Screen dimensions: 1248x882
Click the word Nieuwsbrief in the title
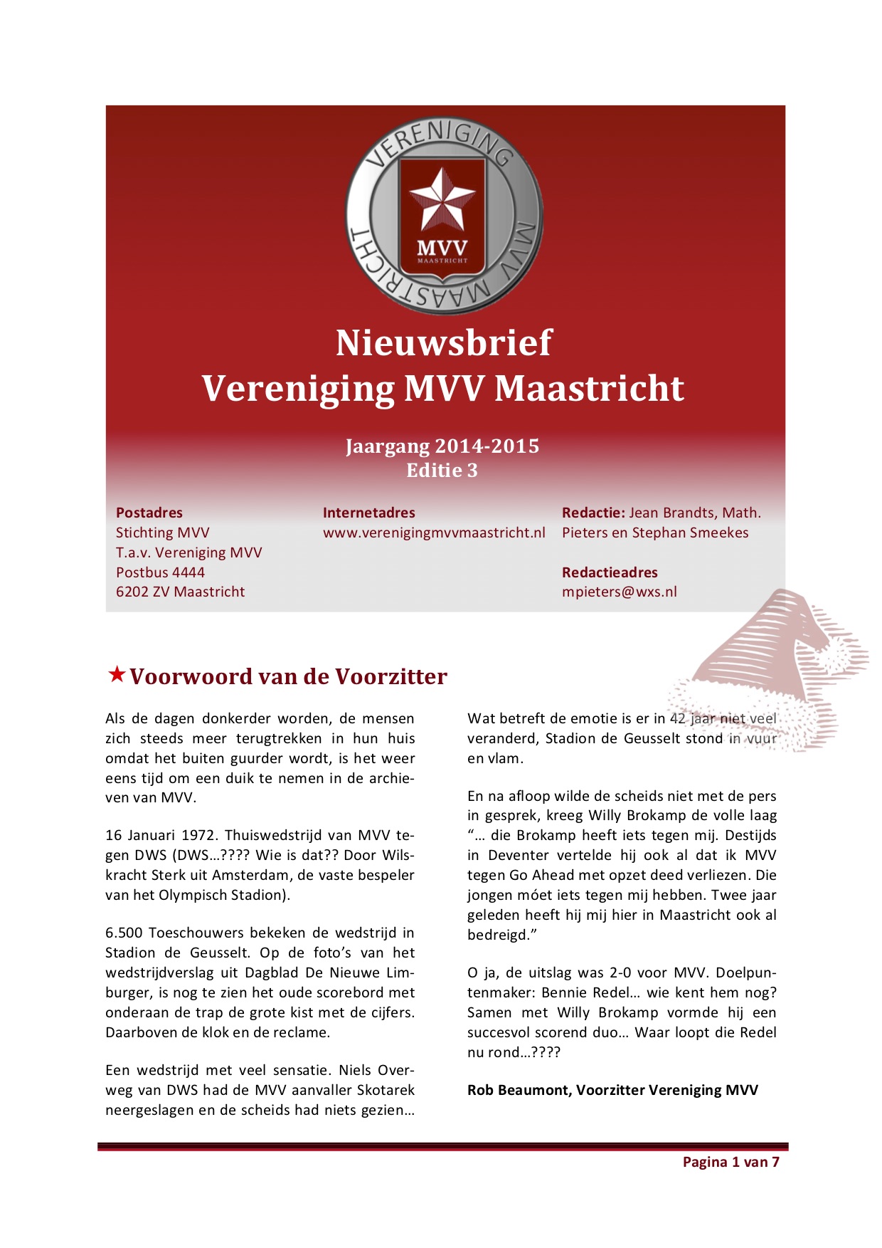pyautogui.click(x=443, y=343)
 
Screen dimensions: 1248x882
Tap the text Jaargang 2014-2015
pyautogui.click(x=442, y=446)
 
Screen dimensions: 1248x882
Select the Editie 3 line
pyautogui.click(x=442, y=471)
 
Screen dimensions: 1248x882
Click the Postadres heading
pyautogui.click(x=149, y=513)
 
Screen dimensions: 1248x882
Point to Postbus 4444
pyautogui.click(x=160, y=572)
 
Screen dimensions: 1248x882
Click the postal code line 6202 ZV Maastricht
pyautogui.click(x=180, y=592)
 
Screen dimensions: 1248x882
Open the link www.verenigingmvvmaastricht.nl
pyautogui.click(x=434, y=533)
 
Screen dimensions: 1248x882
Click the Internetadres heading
pyautogui.click(x=368, y=513)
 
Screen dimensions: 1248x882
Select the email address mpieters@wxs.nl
pyautogui.click(x=619, y=592)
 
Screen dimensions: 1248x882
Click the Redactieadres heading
pyautogui.click(x=610, y=572)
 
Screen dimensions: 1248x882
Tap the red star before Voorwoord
pyautogui.click(x=117, y=674)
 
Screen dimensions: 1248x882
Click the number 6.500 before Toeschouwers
pyautogui.click(x=124, y=933)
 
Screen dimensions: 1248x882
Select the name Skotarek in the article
pyautogui.click(x=386, y=1090)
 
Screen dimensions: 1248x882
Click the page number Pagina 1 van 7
pyautogui.click(x=730, y=1162)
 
